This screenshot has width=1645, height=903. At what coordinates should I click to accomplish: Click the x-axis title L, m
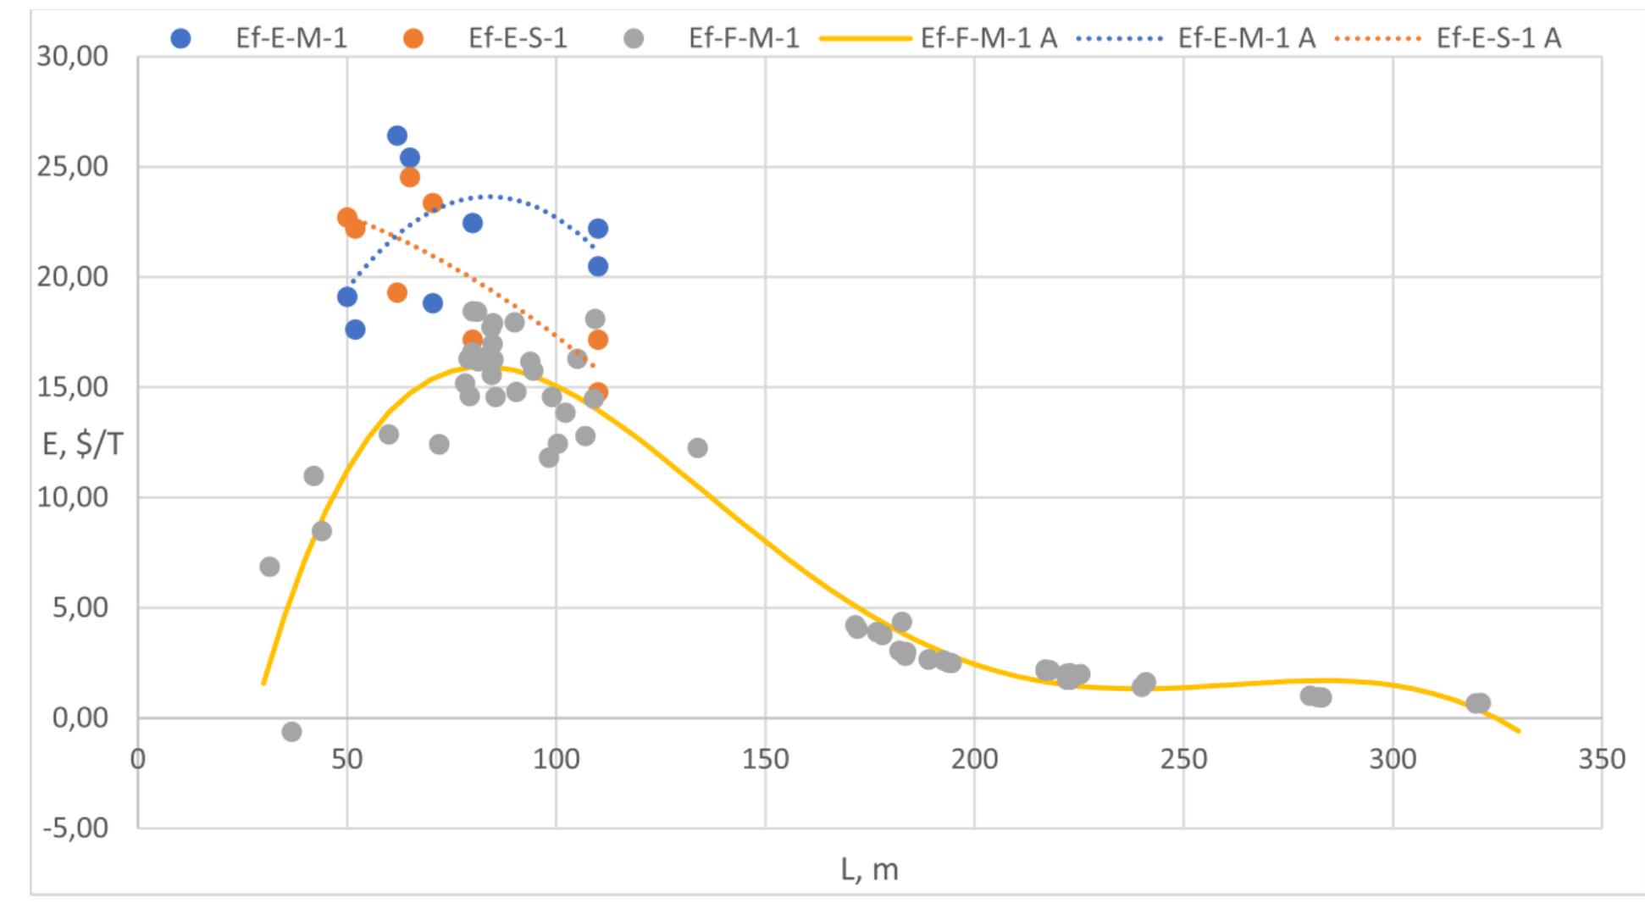coord(869,869)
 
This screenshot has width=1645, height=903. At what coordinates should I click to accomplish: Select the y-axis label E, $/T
coord(83,443)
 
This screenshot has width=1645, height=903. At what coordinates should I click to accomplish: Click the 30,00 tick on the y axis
coord(73,57)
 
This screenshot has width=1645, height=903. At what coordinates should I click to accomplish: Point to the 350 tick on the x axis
coord(1602,759)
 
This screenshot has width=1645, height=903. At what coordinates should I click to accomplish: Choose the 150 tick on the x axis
coord(765,759)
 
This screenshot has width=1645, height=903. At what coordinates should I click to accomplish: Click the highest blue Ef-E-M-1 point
coord(396,136)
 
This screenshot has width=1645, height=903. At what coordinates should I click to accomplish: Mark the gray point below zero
coord(291,731)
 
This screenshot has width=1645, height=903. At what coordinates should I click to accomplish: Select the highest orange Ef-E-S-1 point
coord(409,177)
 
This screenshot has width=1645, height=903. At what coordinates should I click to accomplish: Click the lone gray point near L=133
coord(697,447)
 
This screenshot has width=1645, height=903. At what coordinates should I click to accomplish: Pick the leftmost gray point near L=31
coord(269,567)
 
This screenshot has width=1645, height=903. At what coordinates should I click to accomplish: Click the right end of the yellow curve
coord(1519,730)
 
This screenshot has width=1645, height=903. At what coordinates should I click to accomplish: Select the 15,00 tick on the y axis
coord(73,387)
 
